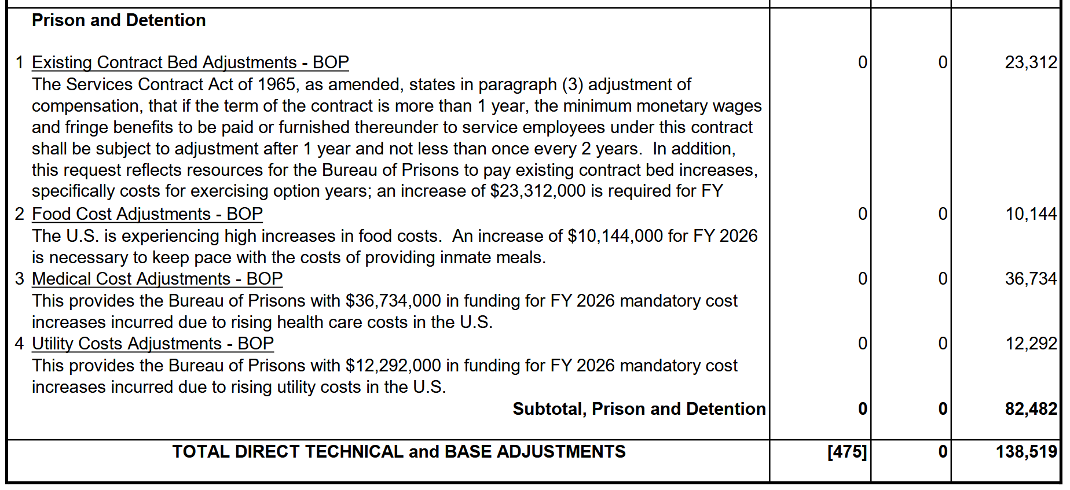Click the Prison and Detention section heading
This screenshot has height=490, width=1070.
(x=119, y=20)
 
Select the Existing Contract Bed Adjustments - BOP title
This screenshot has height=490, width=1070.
(x=190, y=62)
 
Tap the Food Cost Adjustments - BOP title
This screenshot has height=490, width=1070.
(x=147, y=214)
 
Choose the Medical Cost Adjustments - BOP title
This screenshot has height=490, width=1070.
(x=157, y=279)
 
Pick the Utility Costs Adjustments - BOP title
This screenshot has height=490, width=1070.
(x=152, y=344)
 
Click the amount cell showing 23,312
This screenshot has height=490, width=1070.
(x=1031, y=62)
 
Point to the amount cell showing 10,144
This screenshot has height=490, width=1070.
(x=1031, y=214)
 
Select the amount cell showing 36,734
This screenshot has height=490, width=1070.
(x=1031, y=279)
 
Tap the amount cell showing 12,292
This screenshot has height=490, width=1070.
(x=1031, y=344)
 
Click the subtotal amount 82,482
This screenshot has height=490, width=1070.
(x=1031, y=409)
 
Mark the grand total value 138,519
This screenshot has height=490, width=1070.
(x=1026, y=452)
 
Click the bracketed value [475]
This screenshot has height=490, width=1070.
(x=847, y=452)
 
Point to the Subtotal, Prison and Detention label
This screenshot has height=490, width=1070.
(x=639, y=409)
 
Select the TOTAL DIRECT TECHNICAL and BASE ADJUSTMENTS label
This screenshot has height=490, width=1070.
(x=399, y=452)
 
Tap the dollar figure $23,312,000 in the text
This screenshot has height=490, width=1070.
(x=537, y=191)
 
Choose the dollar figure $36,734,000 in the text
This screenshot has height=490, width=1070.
(x=393, y=301)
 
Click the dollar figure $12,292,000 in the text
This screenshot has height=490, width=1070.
(x=393, y=366)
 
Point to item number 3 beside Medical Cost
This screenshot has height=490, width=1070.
(x=20, y=279)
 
